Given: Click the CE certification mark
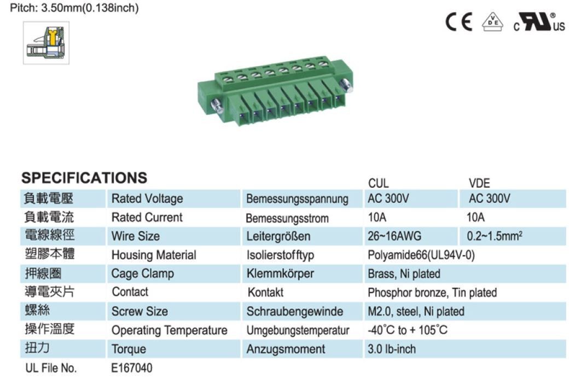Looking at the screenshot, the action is [x=459, y=22].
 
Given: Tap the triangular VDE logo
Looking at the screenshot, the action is [x=493, y=22].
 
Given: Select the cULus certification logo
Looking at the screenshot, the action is [x=539, y=22].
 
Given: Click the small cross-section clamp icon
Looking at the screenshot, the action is [x=46, y=43].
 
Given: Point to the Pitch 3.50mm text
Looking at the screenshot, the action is [x=74, y=8].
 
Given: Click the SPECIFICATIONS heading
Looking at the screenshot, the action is [x=84, y=178].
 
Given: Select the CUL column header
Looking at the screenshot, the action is [x=379, y=183].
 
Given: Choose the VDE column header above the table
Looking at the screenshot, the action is [x=479, y=183].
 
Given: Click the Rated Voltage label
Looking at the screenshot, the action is [x=147, y=199].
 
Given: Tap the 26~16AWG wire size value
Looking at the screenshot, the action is [x=394, y=236].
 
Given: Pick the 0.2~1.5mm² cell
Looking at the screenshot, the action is [x=494, y=236].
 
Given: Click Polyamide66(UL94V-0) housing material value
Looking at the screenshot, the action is [x=421, y=255].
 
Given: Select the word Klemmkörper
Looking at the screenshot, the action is [x=280, y=274].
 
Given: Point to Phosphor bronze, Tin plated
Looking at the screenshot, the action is [x=432, y=293].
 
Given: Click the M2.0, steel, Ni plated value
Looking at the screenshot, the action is [x=416, y=311].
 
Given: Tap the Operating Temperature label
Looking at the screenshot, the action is [x=170, y=330].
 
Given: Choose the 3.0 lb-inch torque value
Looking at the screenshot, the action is [x=392, y=349].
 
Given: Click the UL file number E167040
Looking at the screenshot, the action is [x=131, y=368].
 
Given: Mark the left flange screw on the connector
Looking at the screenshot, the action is [x=217, y=107].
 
